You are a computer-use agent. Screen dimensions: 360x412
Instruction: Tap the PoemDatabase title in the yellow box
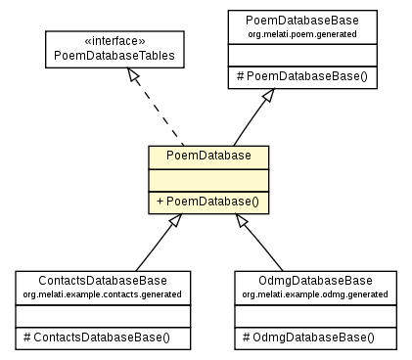(x=208, y=157)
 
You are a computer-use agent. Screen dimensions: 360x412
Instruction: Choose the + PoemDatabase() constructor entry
(x=208, y=202)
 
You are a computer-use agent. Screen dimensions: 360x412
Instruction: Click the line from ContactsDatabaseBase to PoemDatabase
(x=155, y=248)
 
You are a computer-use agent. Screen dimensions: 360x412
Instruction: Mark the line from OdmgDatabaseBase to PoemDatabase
(x=262, y=248)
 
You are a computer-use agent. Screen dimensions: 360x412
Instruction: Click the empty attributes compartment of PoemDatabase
(x=208, y=178)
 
